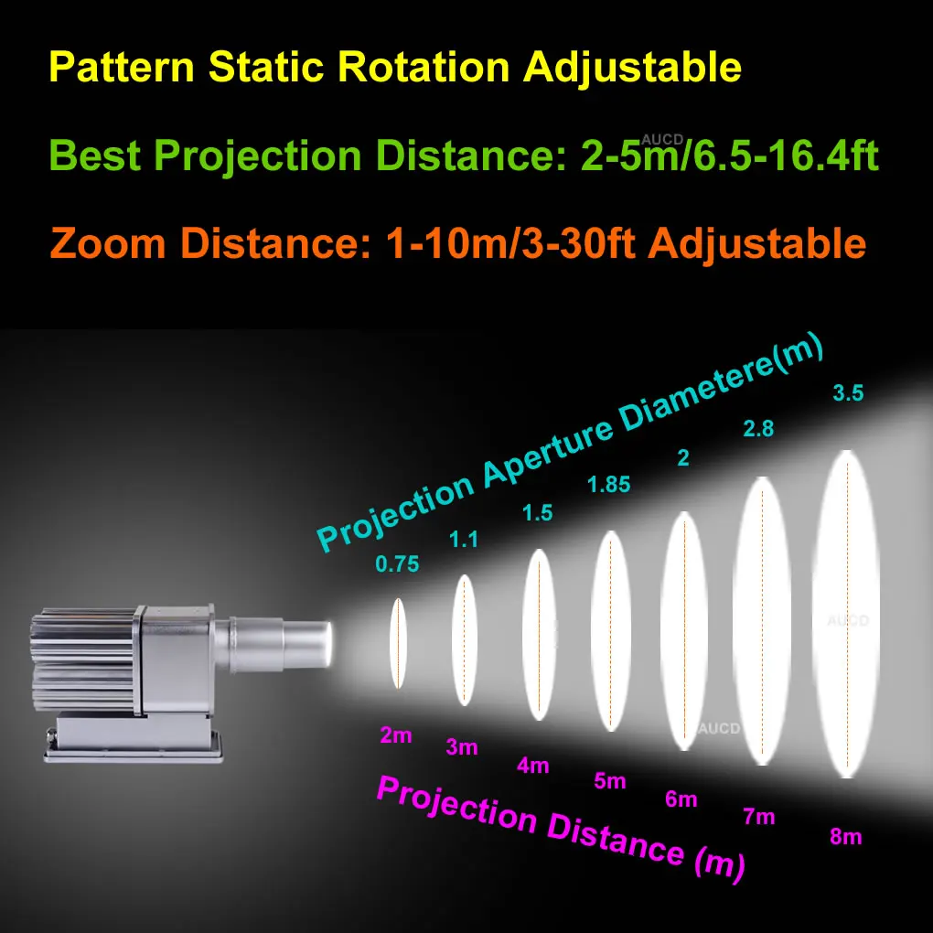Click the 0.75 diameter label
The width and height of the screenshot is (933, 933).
point(397,563)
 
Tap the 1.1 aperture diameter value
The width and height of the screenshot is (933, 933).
point(464,539)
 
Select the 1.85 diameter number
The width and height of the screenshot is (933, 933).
point(608,485)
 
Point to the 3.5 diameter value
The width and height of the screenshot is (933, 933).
point(848,392)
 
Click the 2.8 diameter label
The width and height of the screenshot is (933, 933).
point(758,428)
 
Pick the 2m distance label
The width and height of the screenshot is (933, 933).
point(396,735)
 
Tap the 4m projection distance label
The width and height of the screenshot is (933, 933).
point(533,766)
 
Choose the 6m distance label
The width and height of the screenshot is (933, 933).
point(681,799)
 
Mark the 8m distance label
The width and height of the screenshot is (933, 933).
point(845,837)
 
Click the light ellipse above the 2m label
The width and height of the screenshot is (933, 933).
point(398,643)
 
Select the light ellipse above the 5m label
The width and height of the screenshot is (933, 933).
point(610,631)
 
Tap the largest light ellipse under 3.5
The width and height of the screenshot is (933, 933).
point(846,614)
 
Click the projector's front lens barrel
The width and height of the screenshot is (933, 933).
point(306,644)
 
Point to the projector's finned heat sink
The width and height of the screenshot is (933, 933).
point(82,660)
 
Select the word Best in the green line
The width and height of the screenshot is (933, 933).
point(95,155)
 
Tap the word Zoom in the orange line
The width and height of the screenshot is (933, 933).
point(108,244)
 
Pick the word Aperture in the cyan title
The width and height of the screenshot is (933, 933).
point(547,455)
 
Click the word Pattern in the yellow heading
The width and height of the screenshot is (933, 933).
point(122,67)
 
